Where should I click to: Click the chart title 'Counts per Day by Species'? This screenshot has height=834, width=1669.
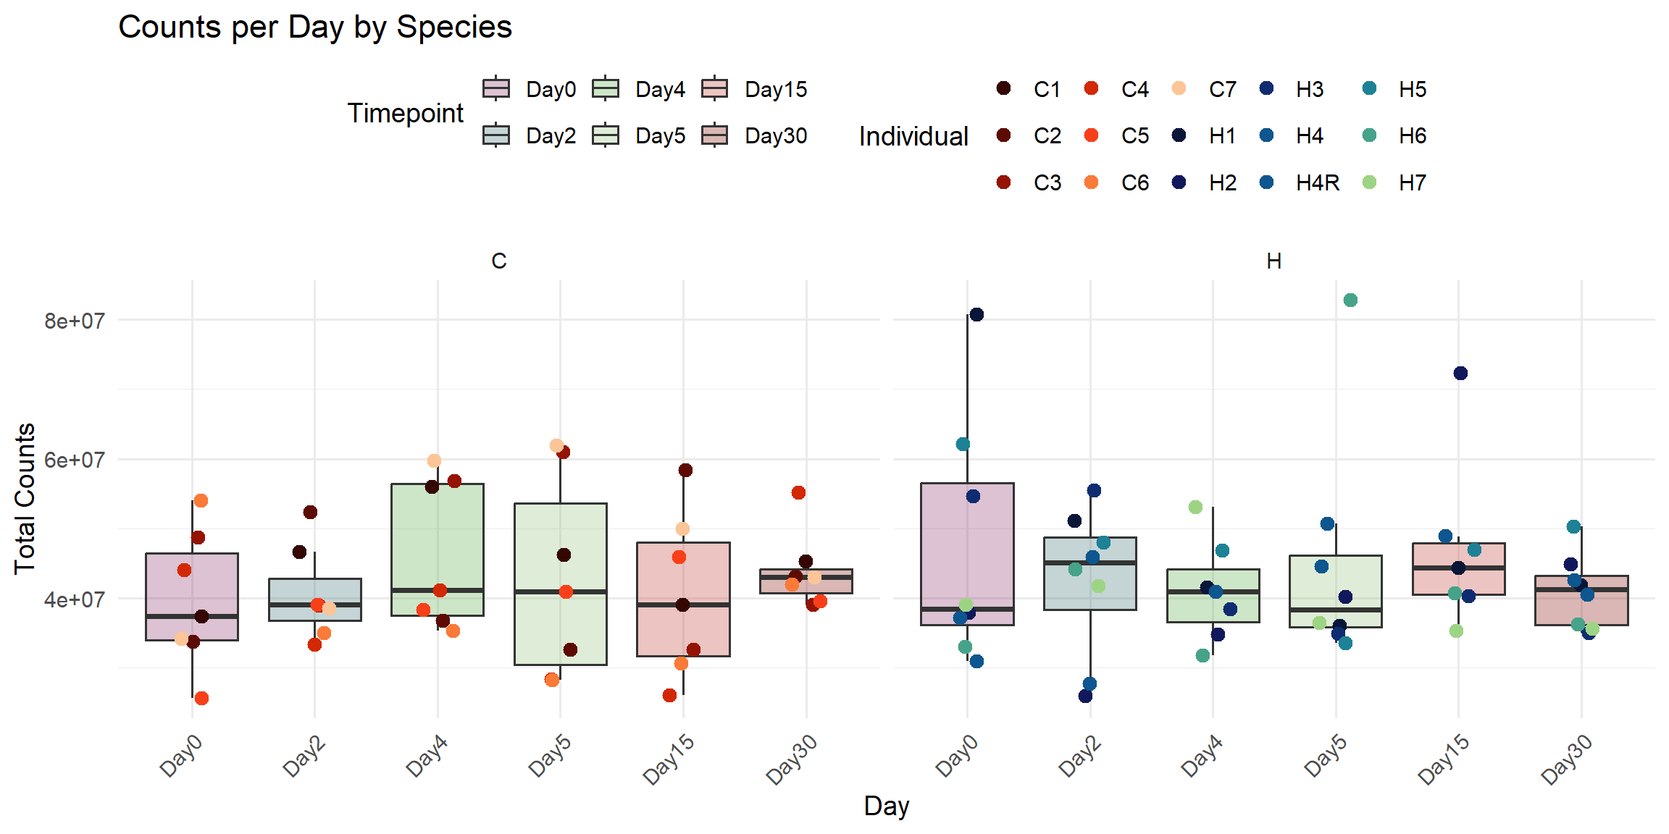tap(315, 28)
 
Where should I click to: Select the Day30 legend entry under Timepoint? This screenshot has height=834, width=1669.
tap(775, 136)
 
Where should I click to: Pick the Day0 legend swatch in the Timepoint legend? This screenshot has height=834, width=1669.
tap(496, 89)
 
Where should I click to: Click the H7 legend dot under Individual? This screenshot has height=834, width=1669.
tap(1369, 182)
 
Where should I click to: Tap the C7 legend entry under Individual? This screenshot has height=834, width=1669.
tap(1222, 90)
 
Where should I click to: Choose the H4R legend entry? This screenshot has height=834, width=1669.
tap(1317, 183)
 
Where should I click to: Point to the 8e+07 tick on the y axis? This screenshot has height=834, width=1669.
tap(74, 321)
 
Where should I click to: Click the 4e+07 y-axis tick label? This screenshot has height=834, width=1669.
tap(74, 599)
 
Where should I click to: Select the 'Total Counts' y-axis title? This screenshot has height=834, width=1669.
tap(25, 498)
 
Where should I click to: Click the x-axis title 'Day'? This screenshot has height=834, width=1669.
tap(886, 806)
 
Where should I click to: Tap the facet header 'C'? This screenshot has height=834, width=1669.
tap(499, 261)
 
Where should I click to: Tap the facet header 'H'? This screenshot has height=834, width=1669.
tap(1273, 261)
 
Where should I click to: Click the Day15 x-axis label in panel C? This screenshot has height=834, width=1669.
tap(669, 759)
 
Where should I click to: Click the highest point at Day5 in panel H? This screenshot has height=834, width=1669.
tap(1350, 300)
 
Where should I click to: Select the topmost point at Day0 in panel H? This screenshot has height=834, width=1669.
tap(976, 315)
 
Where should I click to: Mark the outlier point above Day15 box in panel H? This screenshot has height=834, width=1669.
tap(1460, 374)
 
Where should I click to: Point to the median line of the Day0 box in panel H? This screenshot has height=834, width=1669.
tap(967, 609)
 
